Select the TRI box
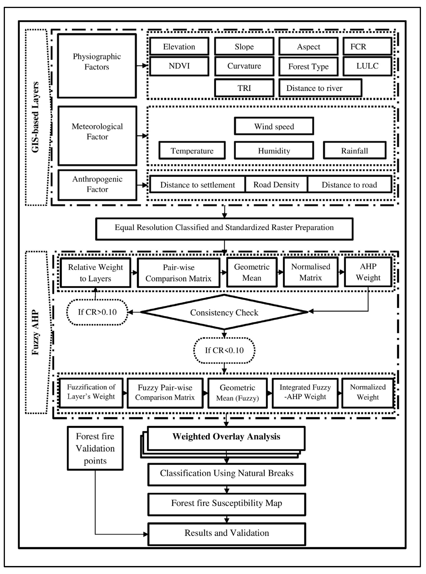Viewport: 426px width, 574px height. point(244,88)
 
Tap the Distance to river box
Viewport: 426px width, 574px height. point(320,88)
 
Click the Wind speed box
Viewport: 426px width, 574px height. point(274,126)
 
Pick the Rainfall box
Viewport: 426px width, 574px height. point(354,151)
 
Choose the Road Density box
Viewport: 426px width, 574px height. point(276,185)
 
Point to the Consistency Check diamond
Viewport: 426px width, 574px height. point(224,312)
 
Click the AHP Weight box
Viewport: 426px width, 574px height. point(368,272)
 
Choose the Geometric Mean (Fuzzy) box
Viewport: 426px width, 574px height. point(237,393)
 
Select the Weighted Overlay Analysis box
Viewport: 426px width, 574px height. point(226,437)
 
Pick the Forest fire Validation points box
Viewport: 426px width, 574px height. point(95,448)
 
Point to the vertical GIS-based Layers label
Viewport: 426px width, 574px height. point(35,117)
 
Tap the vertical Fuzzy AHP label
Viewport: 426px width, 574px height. point(35,332)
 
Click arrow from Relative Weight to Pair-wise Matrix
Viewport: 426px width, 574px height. point(134,272)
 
